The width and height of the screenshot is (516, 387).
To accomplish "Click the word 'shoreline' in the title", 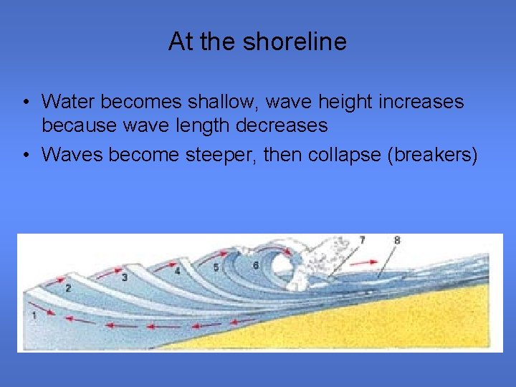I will pos(295,42).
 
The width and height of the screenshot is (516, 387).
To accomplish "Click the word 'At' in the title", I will pos(181,42).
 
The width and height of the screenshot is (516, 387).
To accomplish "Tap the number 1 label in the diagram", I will pos(34,315).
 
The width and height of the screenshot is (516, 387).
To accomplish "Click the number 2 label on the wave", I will pos(68,288).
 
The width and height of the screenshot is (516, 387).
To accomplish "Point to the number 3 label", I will pos(124,277).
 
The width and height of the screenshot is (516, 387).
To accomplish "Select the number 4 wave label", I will pos(177,271).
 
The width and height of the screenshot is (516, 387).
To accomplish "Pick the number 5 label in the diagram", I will pos(216,267).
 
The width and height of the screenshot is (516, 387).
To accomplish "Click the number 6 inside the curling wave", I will pos(256,265).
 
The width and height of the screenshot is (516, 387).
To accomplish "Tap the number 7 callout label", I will pos(362,240).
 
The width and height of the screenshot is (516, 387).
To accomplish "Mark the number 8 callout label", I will pos(396,240).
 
